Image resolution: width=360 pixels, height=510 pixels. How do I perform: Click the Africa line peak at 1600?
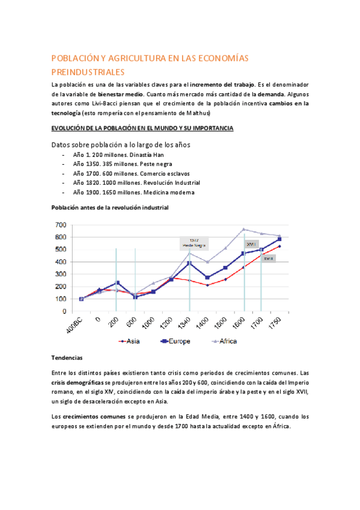click(x=244, y=229)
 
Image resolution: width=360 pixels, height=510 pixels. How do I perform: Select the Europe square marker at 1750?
click(x=279, y=239)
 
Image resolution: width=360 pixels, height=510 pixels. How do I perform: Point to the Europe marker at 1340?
click(x=189, y=263)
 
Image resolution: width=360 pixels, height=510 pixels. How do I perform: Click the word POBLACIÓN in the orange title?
click(x=75, y=58)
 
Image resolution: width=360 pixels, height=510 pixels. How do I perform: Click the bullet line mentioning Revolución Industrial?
click(x=136, y=183)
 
